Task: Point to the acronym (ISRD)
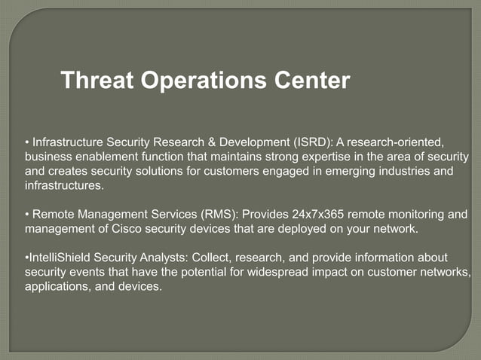click(310, 142)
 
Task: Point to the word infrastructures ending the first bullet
click(63, 185)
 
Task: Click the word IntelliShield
click(60, 258)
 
